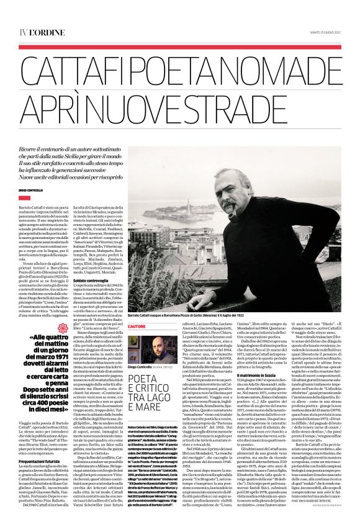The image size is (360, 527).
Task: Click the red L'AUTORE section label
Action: pyautogui.click(x=137, y=325)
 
